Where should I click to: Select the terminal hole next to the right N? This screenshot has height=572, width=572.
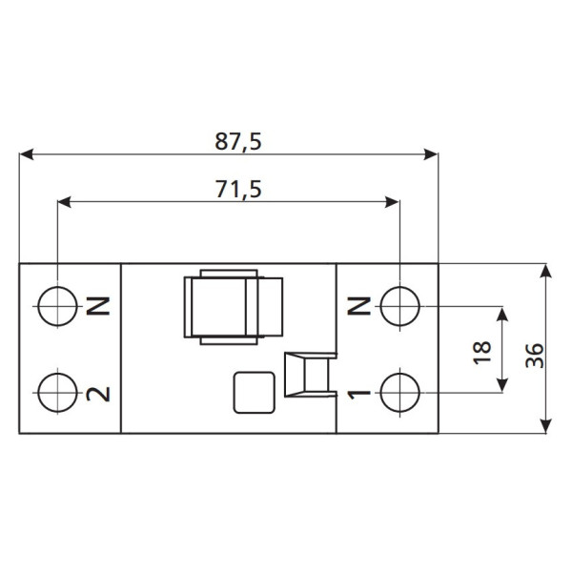point(399,306)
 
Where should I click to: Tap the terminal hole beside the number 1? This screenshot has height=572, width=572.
point(399,391)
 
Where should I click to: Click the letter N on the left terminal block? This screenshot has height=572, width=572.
point(98,306)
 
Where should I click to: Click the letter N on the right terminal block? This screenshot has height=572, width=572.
point(358,306)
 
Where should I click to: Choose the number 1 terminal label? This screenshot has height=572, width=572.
point(358,392)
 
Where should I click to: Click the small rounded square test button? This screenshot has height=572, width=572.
point(255,392)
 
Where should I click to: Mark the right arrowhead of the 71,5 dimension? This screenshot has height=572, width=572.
point(392,201)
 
